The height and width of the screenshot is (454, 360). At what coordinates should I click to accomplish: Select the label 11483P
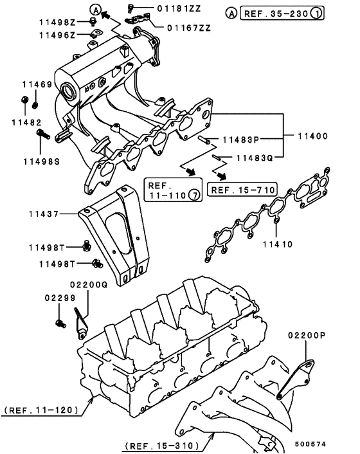[x=240, y=139]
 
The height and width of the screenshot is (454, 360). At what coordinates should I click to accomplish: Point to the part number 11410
[x=277, y=244]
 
